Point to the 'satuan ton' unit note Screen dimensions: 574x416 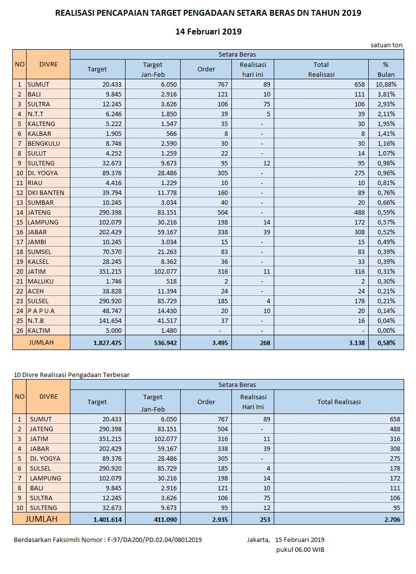(386, 45)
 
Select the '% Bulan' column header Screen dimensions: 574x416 (386, 69)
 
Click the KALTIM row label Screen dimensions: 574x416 (39, 330)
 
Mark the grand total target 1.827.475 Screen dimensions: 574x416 (107, 343)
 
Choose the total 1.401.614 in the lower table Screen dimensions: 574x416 (107, 519)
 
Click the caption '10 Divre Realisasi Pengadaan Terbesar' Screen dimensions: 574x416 (71, 375)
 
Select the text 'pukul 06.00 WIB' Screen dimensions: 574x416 (300, 549)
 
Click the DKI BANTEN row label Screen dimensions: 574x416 (46, 192)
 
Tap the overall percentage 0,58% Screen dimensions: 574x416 (386, 343)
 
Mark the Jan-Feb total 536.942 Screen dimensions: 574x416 (162, 343)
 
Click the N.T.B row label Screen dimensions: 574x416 (36, 320)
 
